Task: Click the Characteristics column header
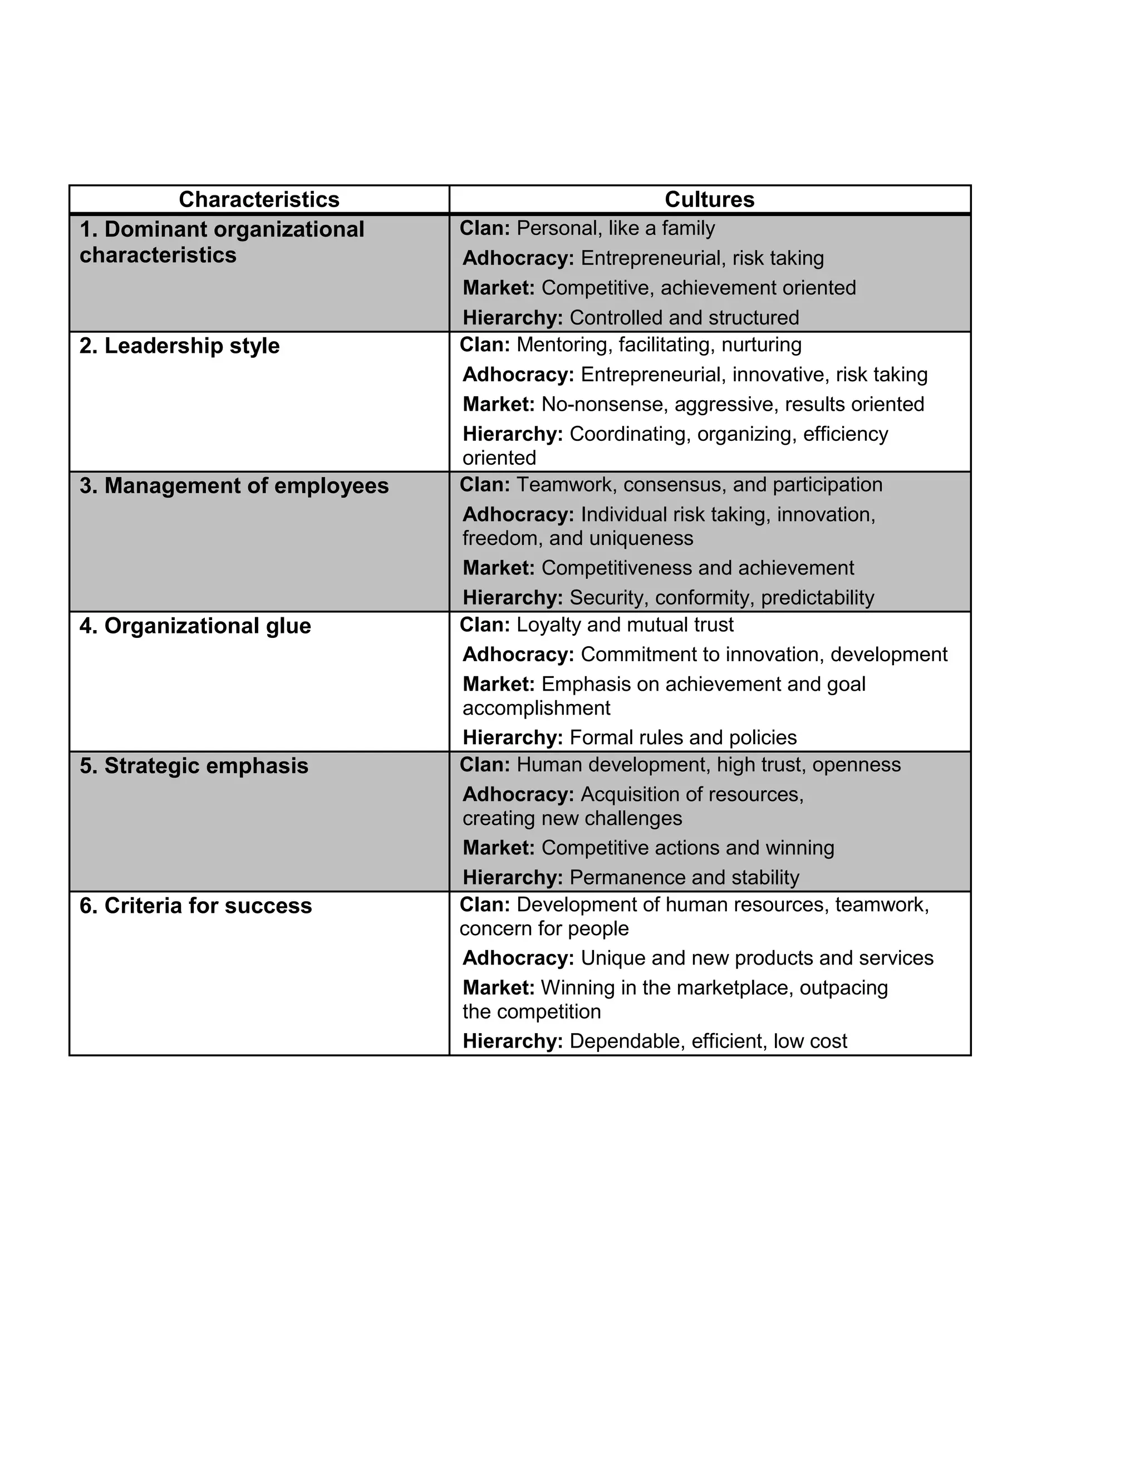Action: click(x=259, y=199)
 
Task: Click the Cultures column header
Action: click(x=709, y=199)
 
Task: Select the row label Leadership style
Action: click(x=179, y=346)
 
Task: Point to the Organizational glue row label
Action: click(x=195, y=626)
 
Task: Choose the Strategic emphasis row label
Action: click(x=194, y=766)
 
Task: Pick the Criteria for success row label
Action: click(x=196, y=906)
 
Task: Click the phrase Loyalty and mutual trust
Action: click(x=625, y=625)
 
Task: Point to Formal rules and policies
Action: click(x=683, y=737)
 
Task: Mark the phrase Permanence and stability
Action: click(x=684, y=877)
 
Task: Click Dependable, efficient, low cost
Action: click(x=708, y=1041)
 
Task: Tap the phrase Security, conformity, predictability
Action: click(x=721, y=598)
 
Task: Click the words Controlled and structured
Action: click(x=684, y=317)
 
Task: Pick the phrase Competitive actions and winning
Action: click(x=687, y=848)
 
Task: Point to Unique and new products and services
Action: click(x=756, y=958)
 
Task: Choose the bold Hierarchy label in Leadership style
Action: click(x=513, y=434)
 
